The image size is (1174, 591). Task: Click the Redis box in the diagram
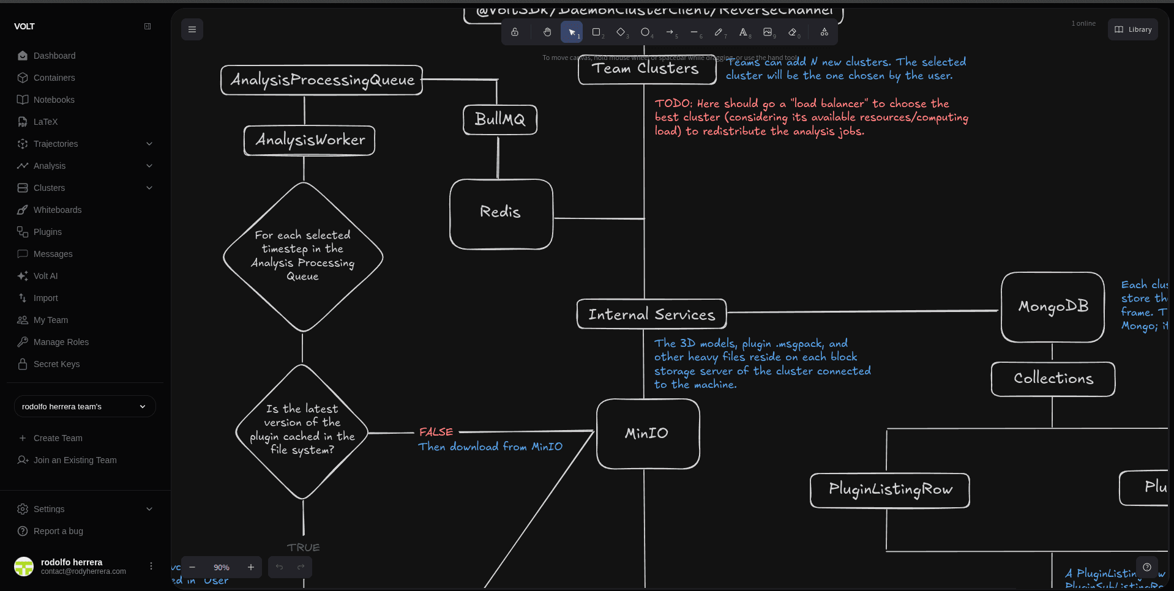(501, 214)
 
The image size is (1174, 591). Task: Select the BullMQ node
(499, 119)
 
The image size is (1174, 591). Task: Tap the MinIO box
(647, 434)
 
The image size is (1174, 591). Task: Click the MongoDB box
(1052, 307)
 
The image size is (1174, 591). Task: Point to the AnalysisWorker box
(310, 141)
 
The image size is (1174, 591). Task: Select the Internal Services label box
(651, 314)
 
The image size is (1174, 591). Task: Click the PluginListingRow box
(889, 490)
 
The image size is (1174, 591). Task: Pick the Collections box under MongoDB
(1053, 379)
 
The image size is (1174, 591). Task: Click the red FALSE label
(436, 432)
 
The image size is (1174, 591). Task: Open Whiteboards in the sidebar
(58, 210)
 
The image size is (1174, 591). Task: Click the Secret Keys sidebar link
(56, 364)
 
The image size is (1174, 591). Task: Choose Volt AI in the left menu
(45, 276)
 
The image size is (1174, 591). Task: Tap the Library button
(1133, 29)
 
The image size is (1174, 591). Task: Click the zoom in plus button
(251, 567)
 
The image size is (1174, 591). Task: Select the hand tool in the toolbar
(547, 32)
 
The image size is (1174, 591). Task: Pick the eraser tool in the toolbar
(793, 32)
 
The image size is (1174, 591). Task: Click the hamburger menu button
(192, 29)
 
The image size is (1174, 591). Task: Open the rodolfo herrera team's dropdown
(84, 407)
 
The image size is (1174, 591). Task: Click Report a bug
(58, 531)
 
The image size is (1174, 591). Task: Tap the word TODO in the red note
(672, 103)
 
